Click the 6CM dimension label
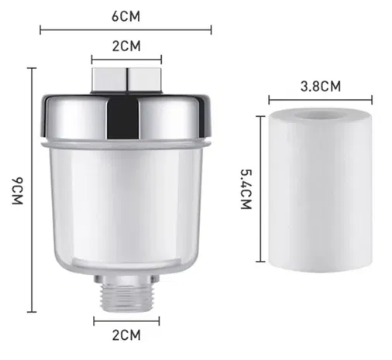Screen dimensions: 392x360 [x=126, y=16]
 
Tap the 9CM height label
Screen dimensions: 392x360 [x=18, y=190]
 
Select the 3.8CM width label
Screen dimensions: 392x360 [x=321, y=86]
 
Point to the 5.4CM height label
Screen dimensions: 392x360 [x=246, y=189]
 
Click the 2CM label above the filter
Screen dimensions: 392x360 [x=126, y=46]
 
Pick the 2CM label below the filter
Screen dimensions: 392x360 [x=126, y=335]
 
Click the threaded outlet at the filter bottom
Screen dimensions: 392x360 [x=126, y=293]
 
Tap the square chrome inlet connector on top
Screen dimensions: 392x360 [x=126, y=80]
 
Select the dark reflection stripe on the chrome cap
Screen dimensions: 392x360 [x=123, y=119]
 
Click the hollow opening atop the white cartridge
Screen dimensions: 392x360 [x=320, y=115]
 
